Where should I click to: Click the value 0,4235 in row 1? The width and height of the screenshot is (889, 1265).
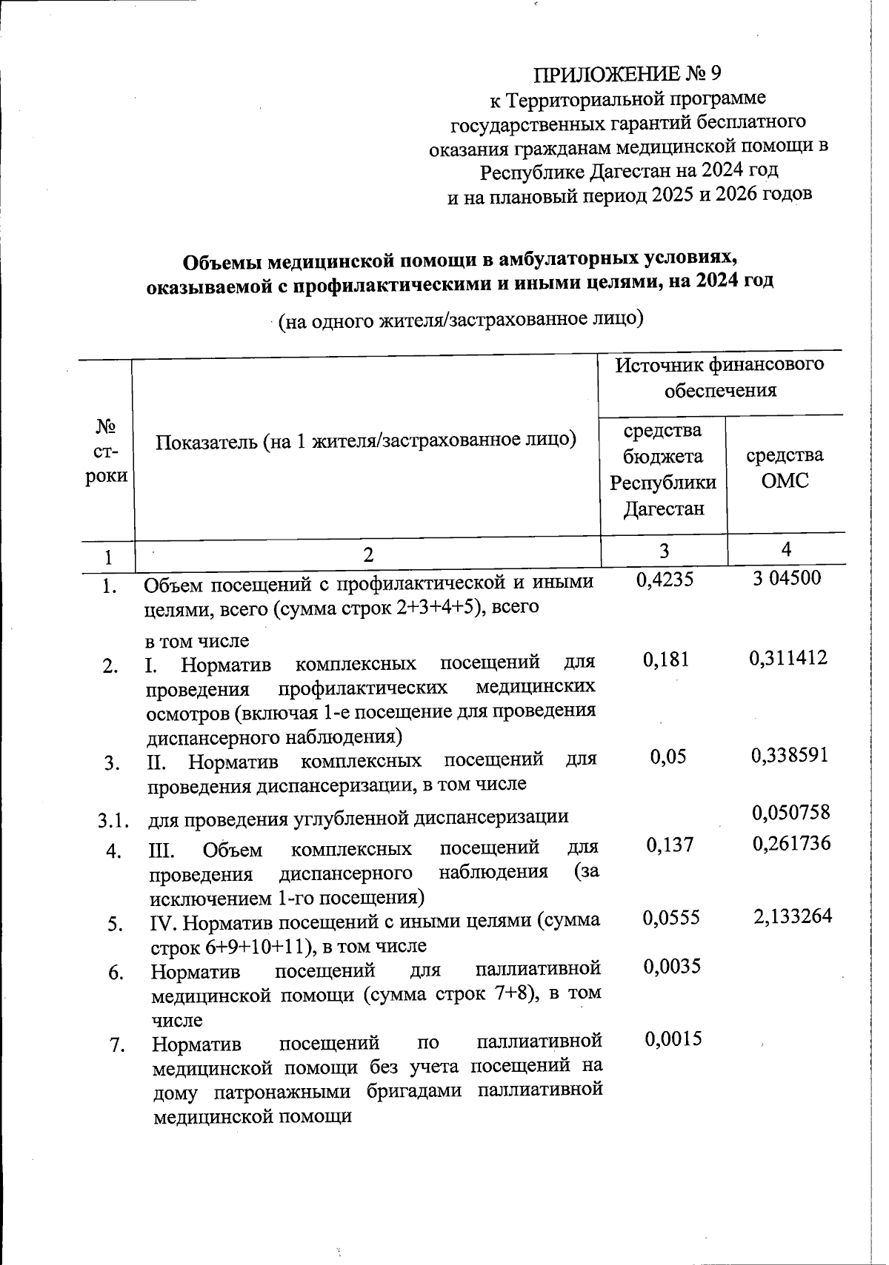coord(665,579)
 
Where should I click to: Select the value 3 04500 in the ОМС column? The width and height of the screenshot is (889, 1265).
coord(787,577)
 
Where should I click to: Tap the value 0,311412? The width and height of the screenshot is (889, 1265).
coord(788,657)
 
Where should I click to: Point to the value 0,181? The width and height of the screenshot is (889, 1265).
coord(666,659)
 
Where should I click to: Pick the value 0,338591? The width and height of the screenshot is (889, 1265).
coord(789,755)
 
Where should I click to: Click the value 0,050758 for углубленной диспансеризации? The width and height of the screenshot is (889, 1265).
coord(790,813)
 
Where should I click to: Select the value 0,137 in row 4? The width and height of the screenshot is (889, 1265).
coord(670,845)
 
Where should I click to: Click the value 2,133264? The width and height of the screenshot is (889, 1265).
coord(792,916)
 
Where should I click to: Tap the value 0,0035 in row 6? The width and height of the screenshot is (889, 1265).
coord(672,966)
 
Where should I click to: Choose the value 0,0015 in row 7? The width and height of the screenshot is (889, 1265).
coord(673,1038)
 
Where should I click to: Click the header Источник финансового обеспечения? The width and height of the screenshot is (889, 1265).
coord(720,377)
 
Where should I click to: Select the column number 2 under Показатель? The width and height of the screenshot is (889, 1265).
coord(368,554)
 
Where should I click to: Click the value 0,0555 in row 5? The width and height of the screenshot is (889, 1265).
coord(670,918)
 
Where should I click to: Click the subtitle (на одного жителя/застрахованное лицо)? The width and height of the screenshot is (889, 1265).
coord(459,320)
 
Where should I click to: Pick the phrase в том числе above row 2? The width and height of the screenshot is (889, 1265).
coord(197,640)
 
